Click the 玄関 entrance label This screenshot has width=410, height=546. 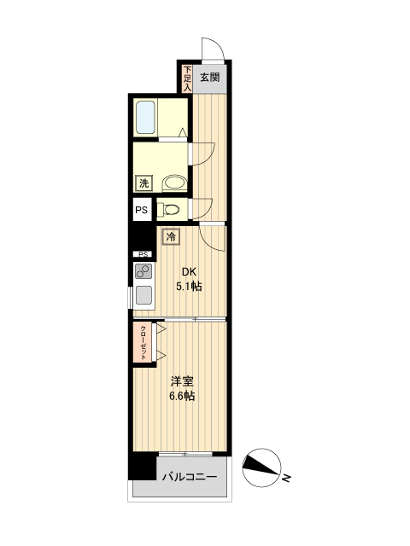(210, 77)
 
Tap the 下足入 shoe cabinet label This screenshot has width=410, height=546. (187, 78)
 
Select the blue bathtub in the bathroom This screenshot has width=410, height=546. (144, 117)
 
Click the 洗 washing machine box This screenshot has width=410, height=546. (143, 183)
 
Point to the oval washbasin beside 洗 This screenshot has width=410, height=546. (174, 183)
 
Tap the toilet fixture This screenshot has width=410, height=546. (171, 209)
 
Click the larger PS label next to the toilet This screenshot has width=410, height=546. (141, 210)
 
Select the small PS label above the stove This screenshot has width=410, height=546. (143, 254)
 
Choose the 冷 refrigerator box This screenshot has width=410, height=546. (172, 236)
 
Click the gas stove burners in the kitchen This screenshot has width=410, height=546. (143, 273)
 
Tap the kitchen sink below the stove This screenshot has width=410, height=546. (143, 296)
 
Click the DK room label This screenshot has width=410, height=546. (188, 273)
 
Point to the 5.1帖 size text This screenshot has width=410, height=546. (188, 287)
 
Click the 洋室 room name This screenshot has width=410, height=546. (181, 381)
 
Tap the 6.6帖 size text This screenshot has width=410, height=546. (181, 396)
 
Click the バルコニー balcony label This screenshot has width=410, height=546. (190, 477)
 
